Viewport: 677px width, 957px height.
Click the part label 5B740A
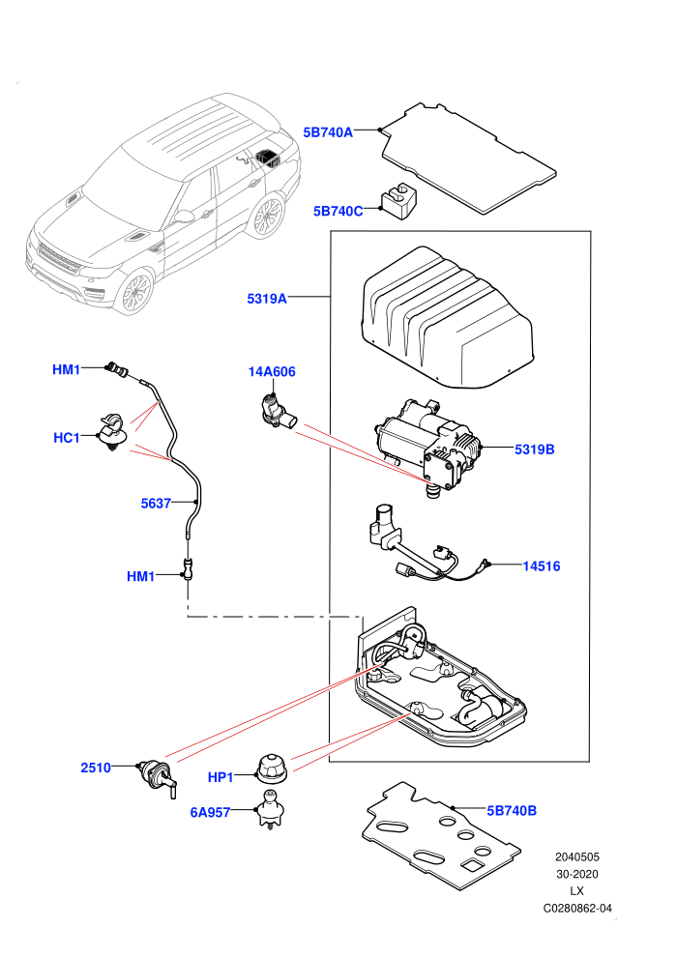pyautogui.click(x=328, y=132)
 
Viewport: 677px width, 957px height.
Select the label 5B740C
pyautogui.click(x=338, y=211)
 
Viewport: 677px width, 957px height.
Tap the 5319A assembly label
pyautogui.click(x=267, y=299)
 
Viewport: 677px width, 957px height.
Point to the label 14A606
pyautogui.click(x=272, y=372)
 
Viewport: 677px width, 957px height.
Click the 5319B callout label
pyautogui.click(x=534, y=449)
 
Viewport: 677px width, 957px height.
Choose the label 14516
pyautogui.click(x=541, y=566)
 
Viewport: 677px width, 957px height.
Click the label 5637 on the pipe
pyautogui.click(x=156, y=504)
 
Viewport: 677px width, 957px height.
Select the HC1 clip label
pyautogui.click(x=67, y=438)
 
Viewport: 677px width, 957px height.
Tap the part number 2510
pyautogui.click(x=96, y=768)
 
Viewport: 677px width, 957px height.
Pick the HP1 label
pyautogui.click(x=221, y=777)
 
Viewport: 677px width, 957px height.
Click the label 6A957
pyautogui.click(x=210, y=812)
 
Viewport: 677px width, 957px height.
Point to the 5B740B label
pyautogui.click(x=512, y=810)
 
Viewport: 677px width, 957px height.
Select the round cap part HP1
pyautogui.click(x=273, y=769)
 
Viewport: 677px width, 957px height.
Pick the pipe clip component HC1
pyautogui.click(x=113, y=431)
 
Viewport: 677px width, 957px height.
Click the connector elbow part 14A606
pyautogui.click(x=276, y=410)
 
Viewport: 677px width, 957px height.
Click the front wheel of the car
pyautogui.click(x=135, y=292)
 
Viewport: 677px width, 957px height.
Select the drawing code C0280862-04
pyautogui.click(x=577, y=908)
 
